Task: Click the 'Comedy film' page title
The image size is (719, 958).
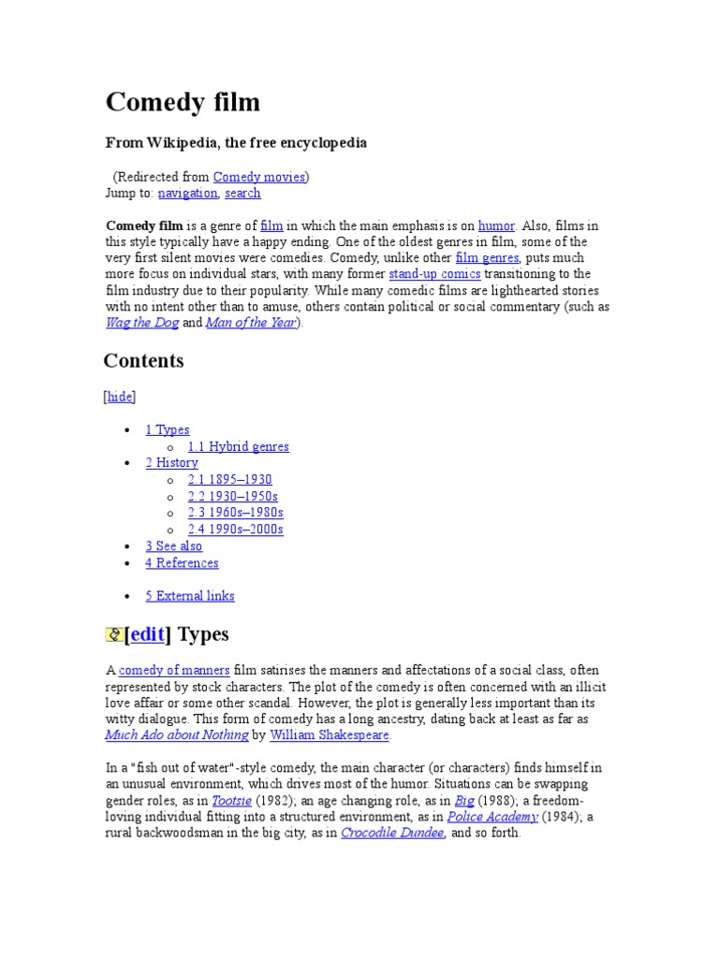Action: pyautogui.click(x=183, y=102)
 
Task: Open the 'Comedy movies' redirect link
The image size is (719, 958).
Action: pyautogui.click(x=258, y=177)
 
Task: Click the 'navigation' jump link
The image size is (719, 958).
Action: pyautogui.click(x=187, y=194)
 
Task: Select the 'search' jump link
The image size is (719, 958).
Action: pyautogui.click(x=242, y=194)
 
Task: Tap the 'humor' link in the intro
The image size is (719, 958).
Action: pyautogui.click(x=496, y=225)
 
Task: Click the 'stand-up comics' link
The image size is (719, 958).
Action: pyautogui.click(x=434, y=274)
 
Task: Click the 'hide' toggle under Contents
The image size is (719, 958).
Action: pyautogui.click(x=120, y=397)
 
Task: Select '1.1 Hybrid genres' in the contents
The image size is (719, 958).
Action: pyautogui.click(x=238, y=446)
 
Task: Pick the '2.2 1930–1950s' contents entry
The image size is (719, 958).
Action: pyautogui.click(x=232, y=496)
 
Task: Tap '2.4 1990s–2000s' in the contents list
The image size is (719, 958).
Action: pyautogui.click(x=235, y=530)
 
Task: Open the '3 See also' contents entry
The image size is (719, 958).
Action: pyautogui.click(x=173, y=546)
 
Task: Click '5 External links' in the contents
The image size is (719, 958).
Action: pyautogui.click(x=189, y=596)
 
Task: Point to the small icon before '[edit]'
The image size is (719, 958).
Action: pyautogui.click(x=113, y=635)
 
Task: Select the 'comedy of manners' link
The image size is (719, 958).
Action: pyautogui.click(x=175, y=670)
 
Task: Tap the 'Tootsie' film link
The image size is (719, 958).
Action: pyautogui.click(x=232, y=801)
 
